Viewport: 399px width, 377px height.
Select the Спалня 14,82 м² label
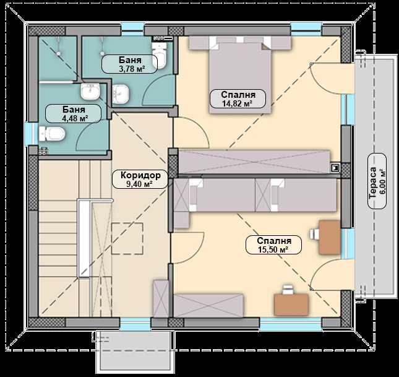click(238, 99)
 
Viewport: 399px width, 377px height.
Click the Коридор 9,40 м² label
click(140, 180)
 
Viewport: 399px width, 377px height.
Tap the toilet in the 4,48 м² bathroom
click(52, 133)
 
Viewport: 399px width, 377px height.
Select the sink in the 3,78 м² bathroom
click(122, 94)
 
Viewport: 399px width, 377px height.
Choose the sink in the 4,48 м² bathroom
click(90, 92)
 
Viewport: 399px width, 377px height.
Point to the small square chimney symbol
click(335, 167)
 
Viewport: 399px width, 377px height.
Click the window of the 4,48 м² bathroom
click(28, 133)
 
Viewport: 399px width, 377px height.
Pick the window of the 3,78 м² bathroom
click(132, 27)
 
